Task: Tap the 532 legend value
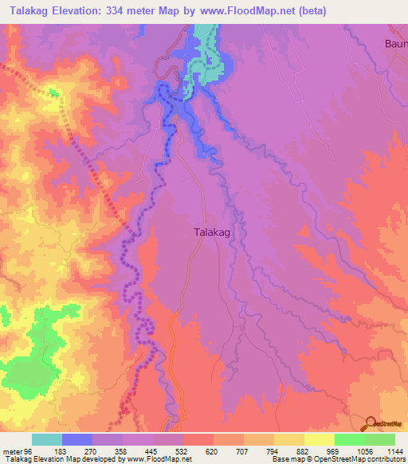point(182,451)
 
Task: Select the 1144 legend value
point(393,451)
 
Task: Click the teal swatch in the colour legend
point(46,440)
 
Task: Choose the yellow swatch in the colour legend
point(319,440)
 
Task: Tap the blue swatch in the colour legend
point(76,440)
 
